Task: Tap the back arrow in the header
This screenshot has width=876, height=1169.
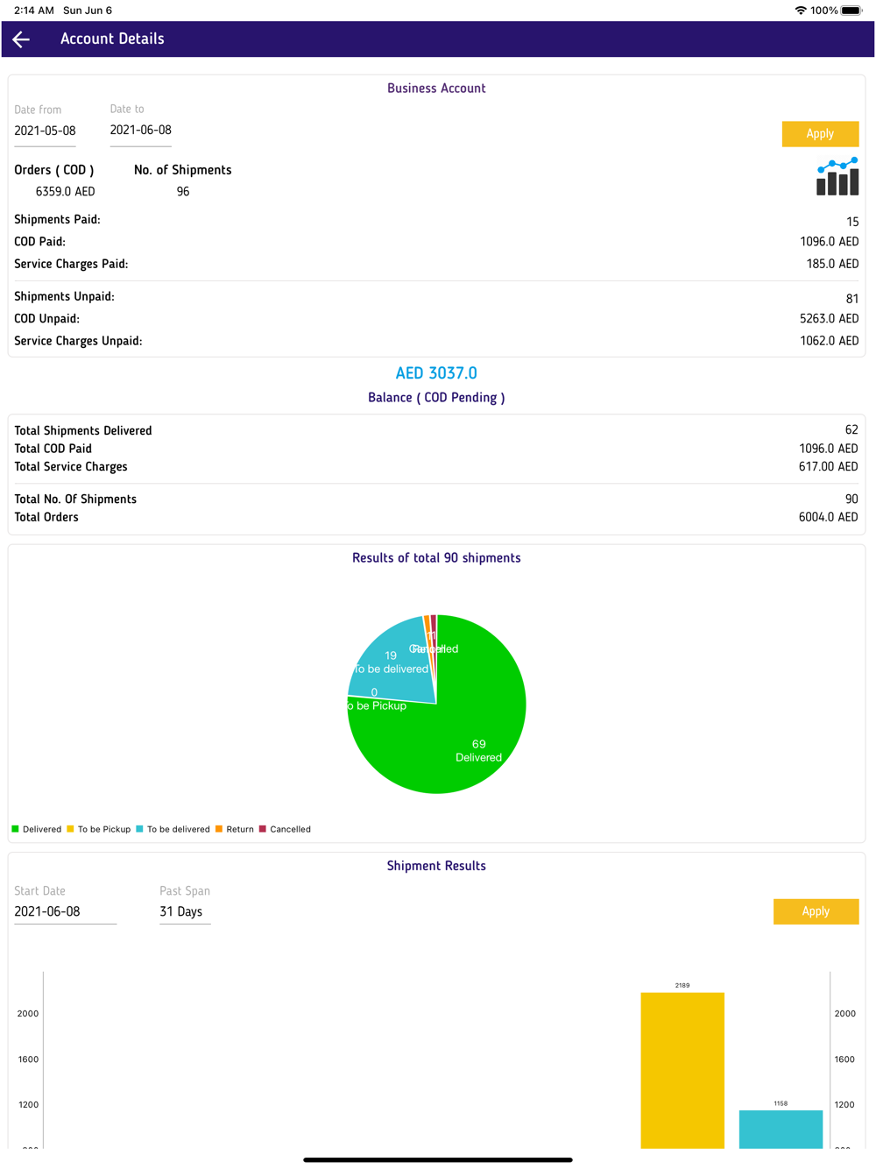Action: [22, 39]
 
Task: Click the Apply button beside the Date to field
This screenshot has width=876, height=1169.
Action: [819, 133]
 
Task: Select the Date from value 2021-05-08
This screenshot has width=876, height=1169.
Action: [46, 131]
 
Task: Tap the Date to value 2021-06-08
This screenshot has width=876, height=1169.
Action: [141, 130]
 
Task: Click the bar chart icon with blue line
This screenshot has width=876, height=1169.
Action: [837, 176]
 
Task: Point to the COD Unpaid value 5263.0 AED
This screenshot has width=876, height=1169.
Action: [829, 319]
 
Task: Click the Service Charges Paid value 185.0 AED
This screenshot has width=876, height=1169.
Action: [831, 264]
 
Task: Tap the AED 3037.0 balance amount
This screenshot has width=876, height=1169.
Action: [436, 373]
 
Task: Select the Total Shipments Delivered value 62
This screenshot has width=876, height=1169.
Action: [851, 430]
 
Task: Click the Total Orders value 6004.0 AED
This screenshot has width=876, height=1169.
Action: [828, 517]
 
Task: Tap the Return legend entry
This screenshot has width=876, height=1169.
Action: [235, 829]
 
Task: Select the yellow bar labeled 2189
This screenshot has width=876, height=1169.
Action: [682, 1069]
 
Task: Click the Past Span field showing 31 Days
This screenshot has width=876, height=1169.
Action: [181, 911]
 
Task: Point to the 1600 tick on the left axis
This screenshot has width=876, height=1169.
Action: [28, 1059]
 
